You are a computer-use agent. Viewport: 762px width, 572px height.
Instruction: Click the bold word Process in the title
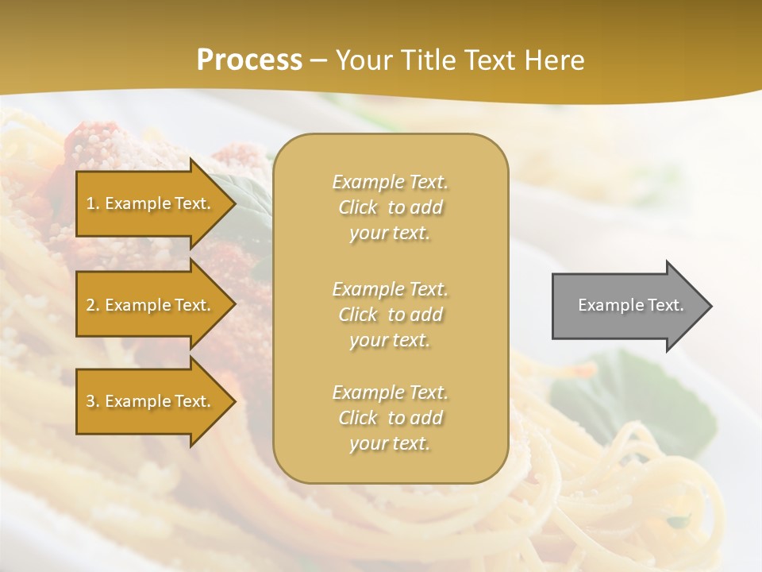(249, 60)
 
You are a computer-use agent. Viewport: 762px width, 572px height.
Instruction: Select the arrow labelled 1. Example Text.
(151, 203)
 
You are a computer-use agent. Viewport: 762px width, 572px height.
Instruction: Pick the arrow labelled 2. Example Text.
(151, 305)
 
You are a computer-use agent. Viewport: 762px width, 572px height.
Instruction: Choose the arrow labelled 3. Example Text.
(151, 401)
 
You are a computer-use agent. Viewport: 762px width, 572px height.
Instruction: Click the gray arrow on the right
(627, 305)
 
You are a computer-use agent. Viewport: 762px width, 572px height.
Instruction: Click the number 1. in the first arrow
(92, 203)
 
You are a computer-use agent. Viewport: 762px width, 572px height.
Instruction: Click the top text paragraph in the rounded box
(390, 207)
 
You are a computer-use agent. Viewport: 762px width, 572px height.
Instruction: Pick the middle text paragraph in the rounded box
(390, 314)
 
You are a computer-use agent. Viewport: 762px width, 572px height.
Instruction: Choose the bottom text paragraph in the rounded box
(390, 418)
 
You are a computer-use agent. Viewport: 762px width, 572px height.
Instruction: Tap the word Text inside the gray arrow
(667, 305)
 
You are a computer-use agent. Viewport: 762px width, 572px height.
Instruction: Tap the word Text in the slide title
(492, 60)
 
